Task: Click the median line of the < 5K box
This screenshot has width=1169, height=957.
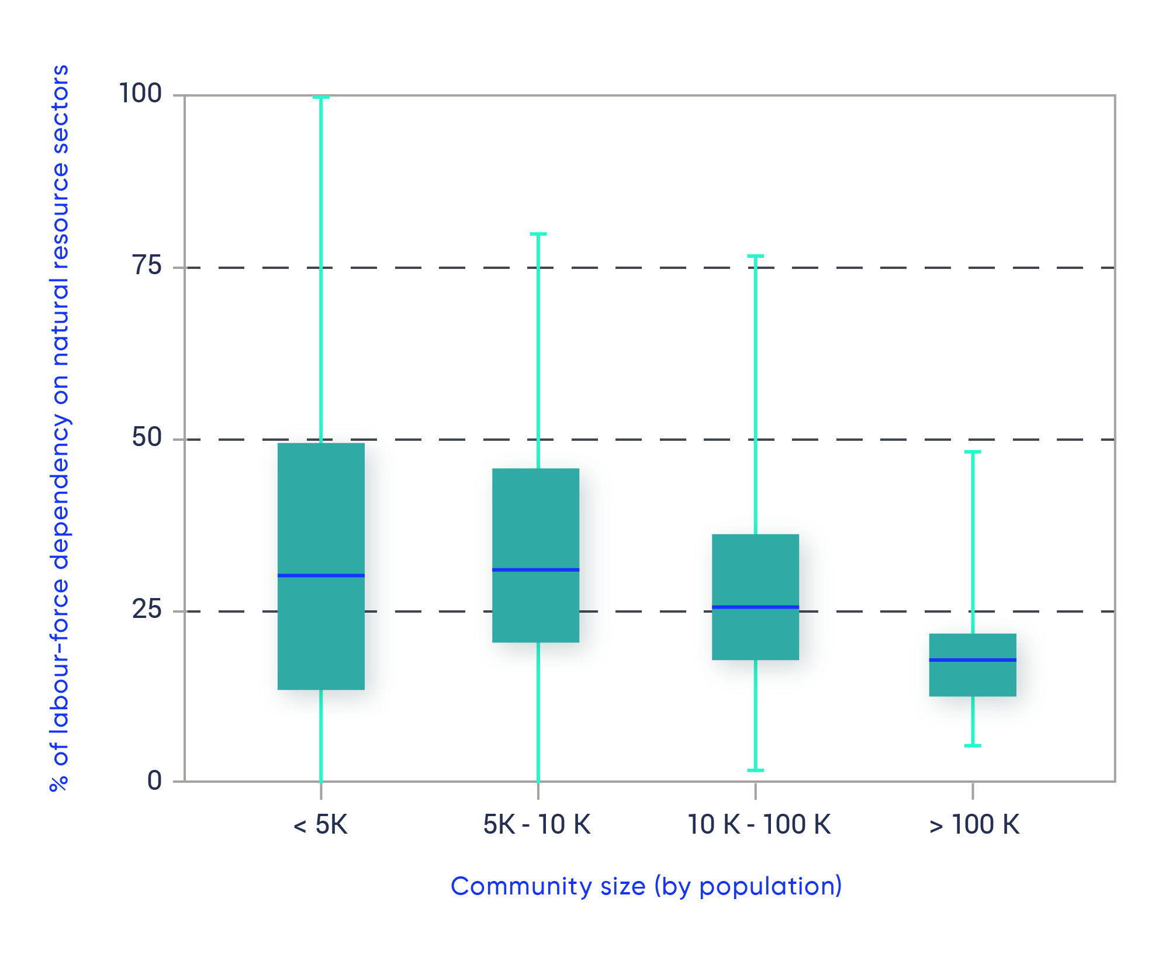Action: pyautogui.click(x=321, y=575)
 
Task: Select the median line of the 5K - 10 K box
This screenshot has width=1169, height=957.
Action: pyautogui.click(x=535, y=569)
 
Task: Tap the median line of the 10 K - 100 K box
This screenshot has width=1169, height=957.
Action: pyautogui.click(x=755, y=607)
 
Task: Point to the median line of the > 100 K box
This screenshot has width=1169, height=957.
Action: pyautogui.click(x=973, y=659)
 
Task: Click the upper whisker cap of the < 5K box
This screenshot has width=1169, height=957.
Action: pyautogui.click(x=321, y=97)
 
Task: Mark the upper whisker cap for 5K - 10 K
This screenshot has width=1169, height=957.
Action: pyautogui.click(x=538, y=234)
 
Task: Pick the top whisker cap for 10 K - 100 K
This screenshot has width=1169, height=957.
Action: pyautogui.click(x=755, y=256)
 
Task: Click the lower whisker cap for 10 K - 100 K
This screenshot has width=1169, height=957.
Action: pyautogui.click(x=755, y=770)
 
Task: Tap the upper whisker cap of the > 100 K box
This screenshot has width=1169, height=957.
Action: pyautogui.click(x=973, y=452)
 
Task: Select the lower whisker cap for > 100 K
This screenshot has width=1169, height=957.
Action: pyautogui.click(x=973, y=745)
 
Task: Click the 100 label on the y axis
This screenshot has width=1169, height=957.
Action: pyautogui.click(x=140, y=93)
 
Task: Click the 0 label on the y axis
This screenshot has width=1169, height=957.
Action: pyautogui.click(x=155, y=780)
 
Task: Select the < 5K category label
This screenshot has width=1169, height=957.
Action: pyautogui.click(x=320, y=825)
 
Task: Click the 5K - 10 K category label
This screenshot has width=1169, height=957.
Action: pyautogui.click(x=537, y=825)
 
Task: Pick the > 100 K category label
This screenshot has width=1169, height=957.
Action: pyautogui.click(x=974, y=825)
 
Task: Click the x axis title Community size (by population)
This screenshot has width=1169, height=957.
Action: pyautogui.click(x=646, y=886)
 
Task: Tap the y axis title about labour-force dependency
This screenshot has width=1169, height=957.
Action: pyautogui.click(x=60, y=428)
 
